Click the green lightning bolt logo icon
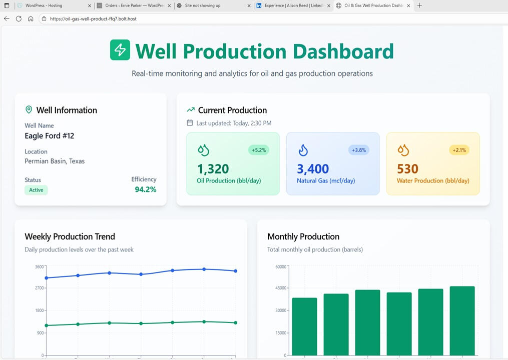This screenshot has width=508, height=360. [x=120, y=50]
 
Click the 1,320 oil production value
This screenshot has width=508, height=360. [x=213, y=169]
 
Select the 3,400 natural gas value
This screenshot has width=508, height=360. [x=313, y=169]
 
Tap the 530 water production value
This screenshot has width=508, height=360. [x=407, y=169]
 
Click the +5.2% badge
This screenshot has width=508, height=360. [x=258, y=150]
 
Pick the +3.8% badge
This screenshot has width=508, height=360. [x=358, y=150]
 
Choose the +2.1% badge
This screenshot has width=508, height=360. [x=458, y=150]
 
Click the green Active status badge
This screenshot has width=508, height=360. [x=36, y=190]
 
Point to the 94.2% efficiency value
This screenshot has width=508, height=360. [x=145, y=189]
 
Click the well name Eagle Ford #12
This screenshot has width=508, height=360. [x=50, y=136]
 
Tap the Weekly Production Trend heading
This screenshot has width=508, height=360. [x=70, y=236]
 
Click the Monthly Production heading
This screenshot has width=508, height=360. [x=303, y=236]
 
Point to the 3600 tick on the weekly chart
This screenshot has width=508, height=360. [x=39, y=266]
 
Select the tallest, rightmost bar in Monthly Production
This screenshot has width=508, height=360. [x=462, y=320]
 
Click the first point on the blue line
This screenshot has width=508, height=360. [x=47, y=278]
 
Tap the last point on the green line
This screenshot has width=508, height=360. [x=235, y=322]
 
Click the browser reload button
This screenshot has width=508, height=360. [x=19, y=18]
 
